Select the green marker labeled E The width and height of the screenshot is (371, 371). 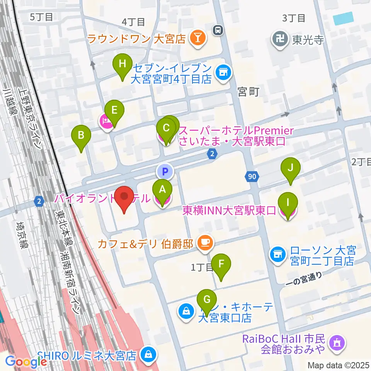114,110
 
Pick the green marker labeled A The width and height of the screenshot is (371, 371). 163,189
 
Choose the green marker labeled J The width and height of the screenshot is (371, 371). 291,168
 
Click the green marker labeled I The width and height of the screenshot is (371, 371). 288,202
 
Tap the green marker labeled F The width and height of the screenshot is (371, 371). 221,264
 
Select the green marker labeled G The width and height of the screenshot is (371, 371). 207,299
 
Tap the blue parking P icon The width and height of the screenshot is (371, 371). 165,170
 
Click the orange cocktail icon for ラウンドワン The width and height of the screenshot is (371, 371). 198,38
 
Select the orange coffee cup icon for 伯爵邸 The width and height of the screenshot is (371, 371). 204,243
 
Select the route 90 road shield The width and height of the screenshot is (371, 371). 251,177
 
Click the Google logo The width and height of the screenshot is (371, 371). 26,361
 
